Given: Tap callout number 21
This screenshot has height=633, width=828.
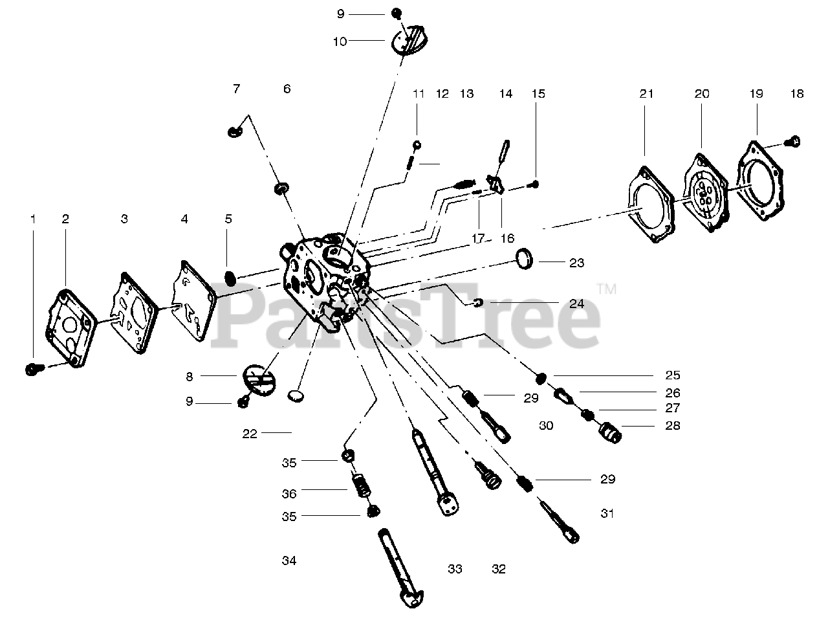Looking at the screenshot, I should [646, 94].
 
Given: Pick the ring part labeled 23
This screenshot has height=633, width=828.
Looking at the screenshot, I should [525, 260].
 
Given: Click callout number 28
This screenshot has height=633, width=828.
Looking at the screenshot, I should [673, 426].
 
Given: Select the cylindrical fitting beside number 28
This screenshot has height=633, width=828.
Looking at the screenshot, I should [611, 431].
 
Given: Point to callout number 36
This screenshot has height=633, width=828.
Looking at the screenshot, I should [289, 494].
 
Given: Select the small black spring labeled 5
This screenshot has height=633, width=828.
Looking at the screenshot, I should [229, 276].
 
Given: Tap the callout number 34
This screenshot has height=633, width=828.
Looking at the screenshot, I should [289, 561].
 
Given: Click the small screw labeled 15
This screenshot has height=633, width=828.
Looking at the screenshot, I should [535, 184].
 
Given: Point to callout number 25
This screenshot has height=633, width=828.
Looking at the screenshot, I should [673, 375].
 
